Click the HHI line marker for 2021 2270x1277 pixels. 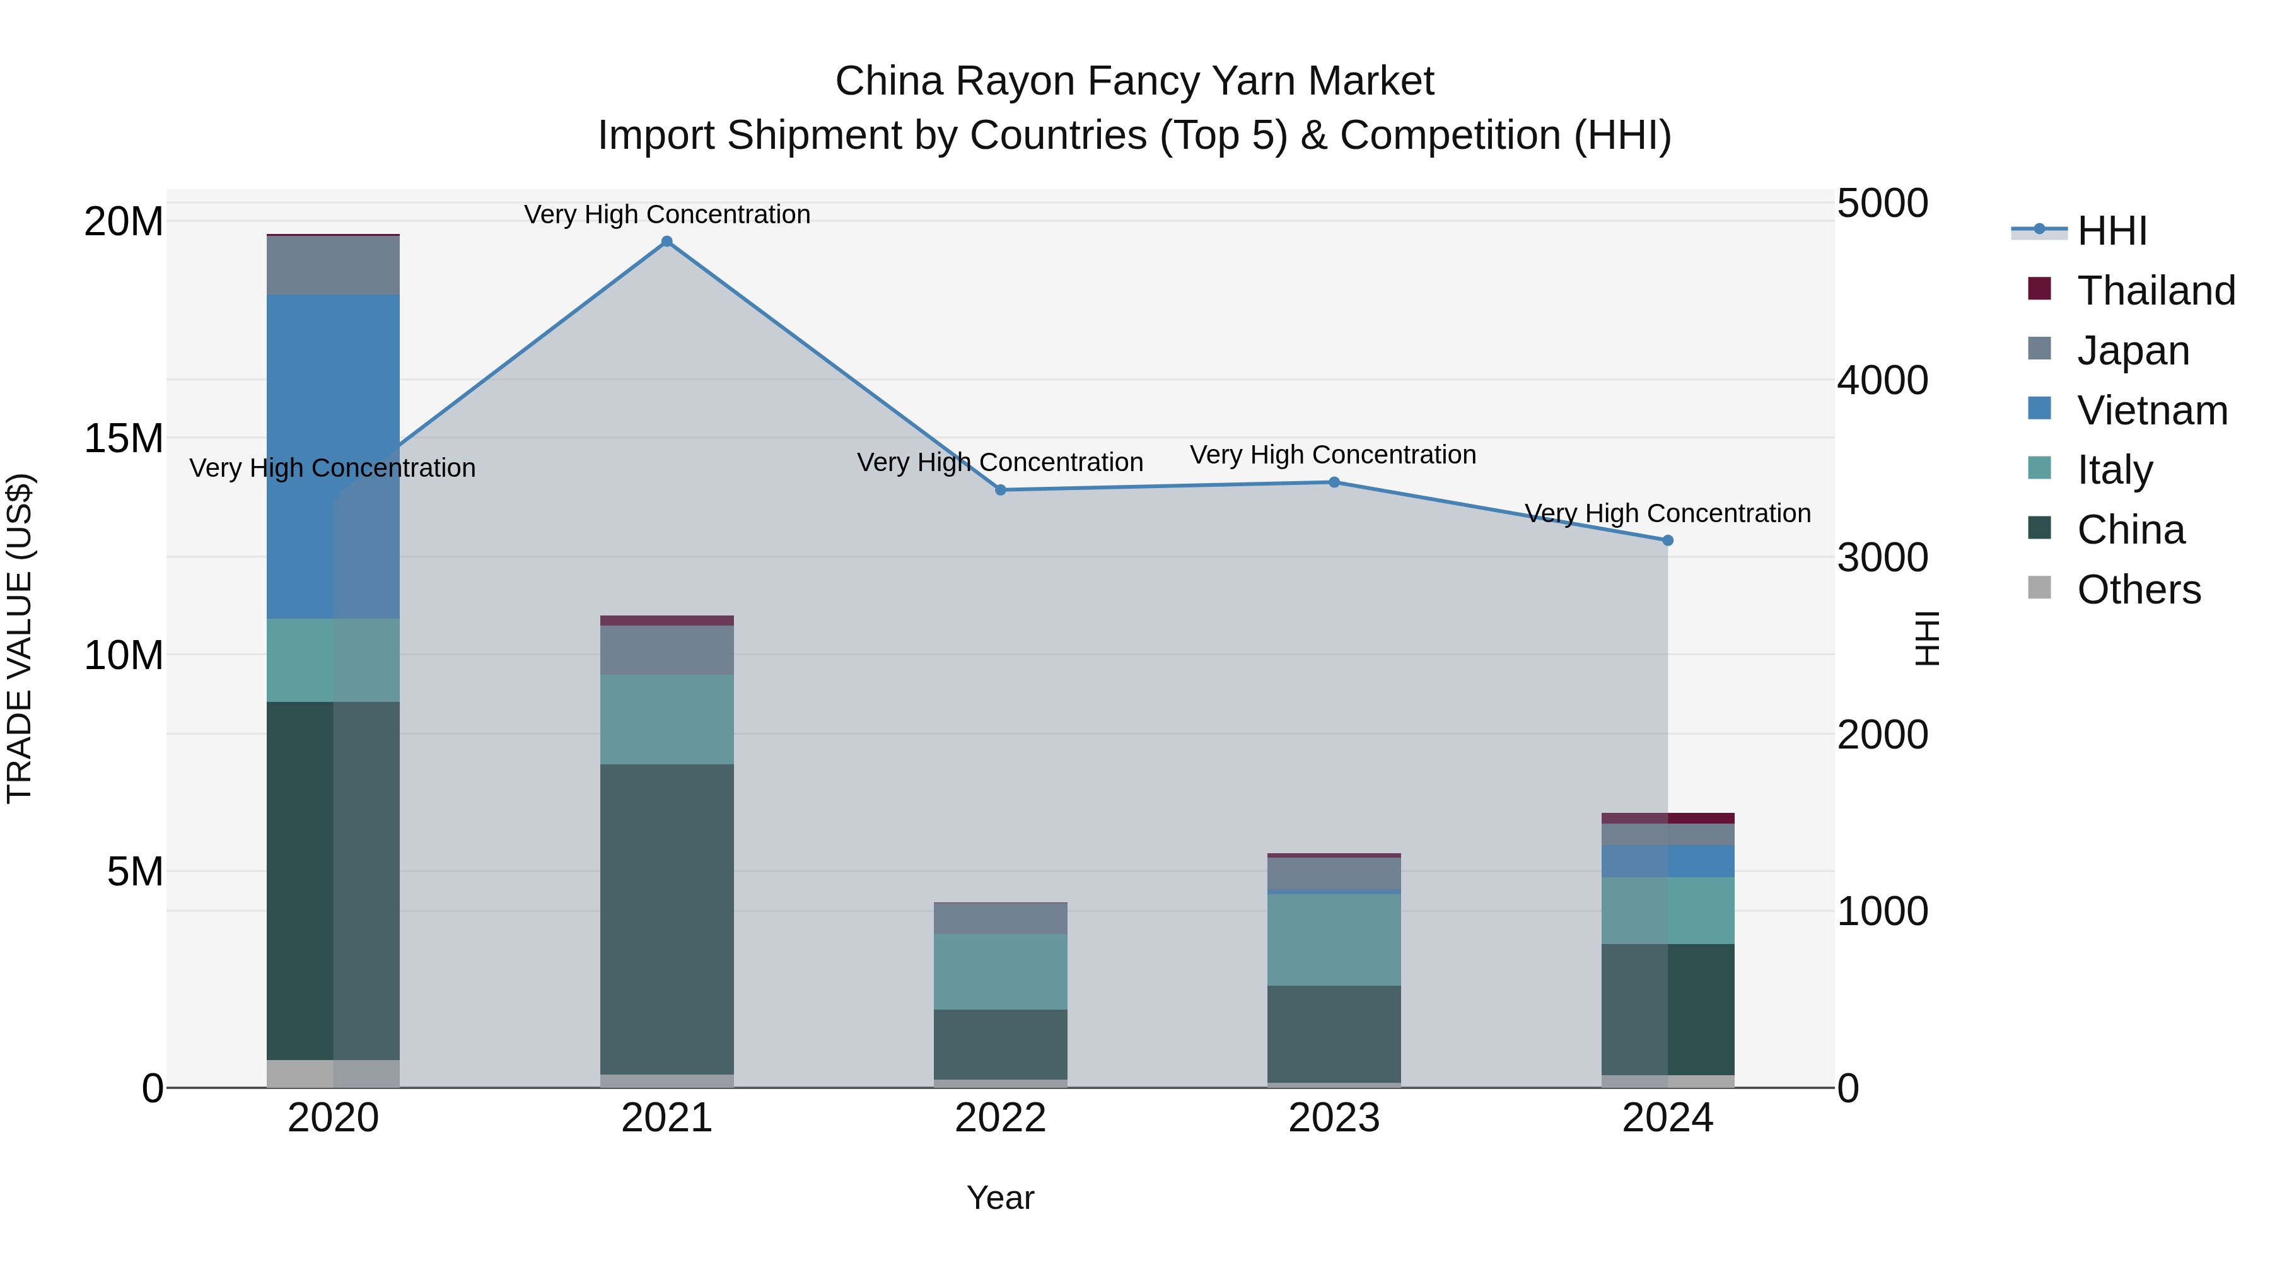click(x=667, y=242)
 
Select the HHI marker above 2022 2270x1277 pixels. click(x=1000, y=490)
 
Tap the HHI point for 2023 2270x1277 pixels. click(x=1334, y=482)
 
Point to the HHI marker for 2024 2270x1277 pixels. click(x=1667, y=540)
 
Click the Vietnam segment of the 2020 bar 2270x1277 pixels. click(x=333, y=456)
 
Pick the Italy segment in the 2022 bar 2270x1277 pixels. click(x=1000, y=971)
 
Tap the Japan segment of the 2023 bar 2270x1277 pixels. click(x=1334, y=873)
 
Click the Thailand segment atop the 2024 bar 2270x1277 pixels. click(x=1667, y=818)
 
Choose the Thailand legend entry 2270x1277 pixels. click(x=2155, y=291)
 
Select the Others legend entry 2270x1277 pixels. click(x=2139, y=590)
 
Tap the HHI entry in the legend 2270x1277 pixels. click(x=2111, y=231)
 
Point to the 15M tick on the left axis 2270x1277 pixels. click(x=124, y=438)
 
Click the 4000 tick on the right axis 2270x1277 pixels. click(x=1882, y=381)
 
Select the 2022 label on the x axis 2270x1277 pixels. click(x=1000, y=1118)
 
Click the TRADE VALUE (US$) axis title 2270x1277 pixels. click(x=20, y=638)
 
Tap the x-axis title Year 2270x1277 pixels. click(x=1000, y=1198)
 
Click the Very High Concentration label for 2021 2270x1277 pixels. click(x=667, y=214)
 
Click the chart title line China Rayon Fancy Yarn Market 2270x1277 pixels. click(x=1134, y=81)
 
